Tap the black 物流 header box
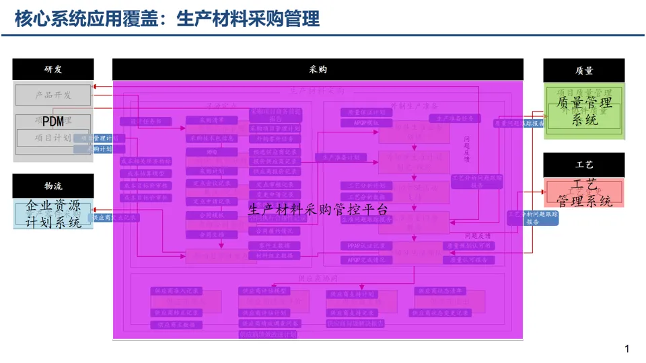tap(53, 186)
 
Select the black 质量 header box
tap(583, 71)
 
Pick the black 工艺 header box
tap(583, 165)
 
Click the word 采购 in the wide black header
tap(318, 69)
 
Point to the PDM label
tap(53, 122)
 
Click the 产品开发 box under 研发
tap(53, 95)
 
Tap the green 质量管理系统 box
tap(584, 111)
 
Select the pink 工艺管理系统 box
tap(584, 193)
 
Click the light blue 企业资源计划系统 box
tap(53, 214)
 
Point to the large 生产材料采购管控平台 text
tap(318, 210)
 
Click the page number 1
tap(627, 348)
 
